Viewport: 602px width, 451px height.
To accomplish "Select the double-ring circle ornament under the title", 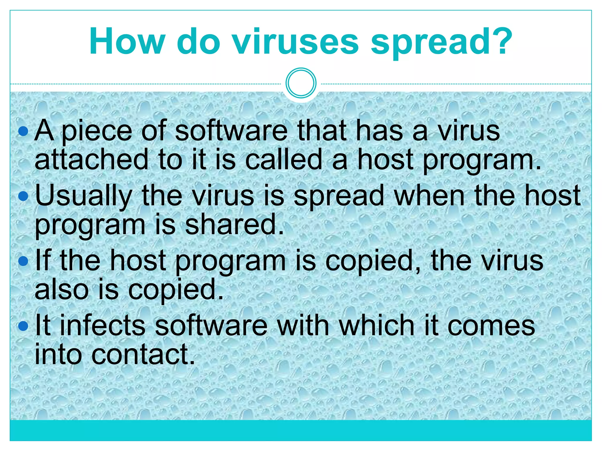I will coord(301,83).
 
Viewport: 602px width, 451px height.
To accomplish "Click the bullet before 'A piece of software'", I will coord(23,131).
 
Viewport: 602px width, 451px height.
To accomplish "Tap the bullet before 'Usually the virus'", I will coord(23,196).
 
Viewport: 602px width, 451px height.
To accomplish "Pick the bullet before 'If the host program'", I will coord(23,261).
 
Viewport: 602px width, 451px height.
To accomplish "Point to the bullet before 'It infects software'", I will coord(23,326).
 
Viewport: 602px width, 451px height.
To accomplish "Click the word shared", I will coord(234,225).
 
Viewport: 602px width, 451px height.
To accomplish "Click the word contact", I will coord(143,355).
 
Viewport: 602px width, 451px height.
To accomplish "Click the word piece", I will coord(97,131).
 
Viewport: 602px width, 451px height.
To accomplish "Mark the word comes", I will coord(491,326).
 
